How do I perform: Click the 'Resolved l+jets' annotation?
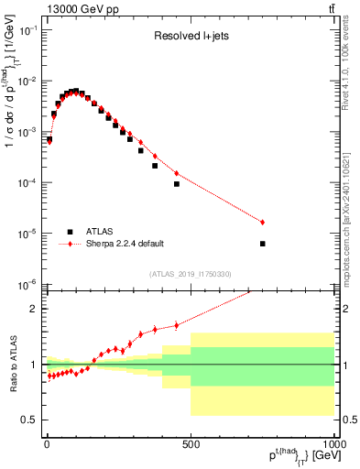[x=191, y=38]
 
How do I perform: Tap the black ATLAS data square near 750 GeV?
[x=263, y=244]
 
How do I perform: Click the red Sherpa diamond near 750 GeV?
[x=263, y=223]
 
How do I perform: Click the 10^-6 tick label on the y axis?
[x=28, y=285]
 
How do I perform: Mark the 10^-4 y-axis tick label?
[x=28, y=183]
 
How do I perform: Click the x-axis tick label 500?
[x=191, y=444]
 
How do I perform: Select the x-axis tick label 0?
[x=47, y=444]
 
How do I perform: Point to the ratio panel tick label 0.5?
[x=30, y=420]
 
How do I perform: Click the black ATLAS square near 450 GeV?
[x=177, y=184]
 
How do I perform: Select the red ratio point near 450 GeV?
[x=177, y=324]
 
